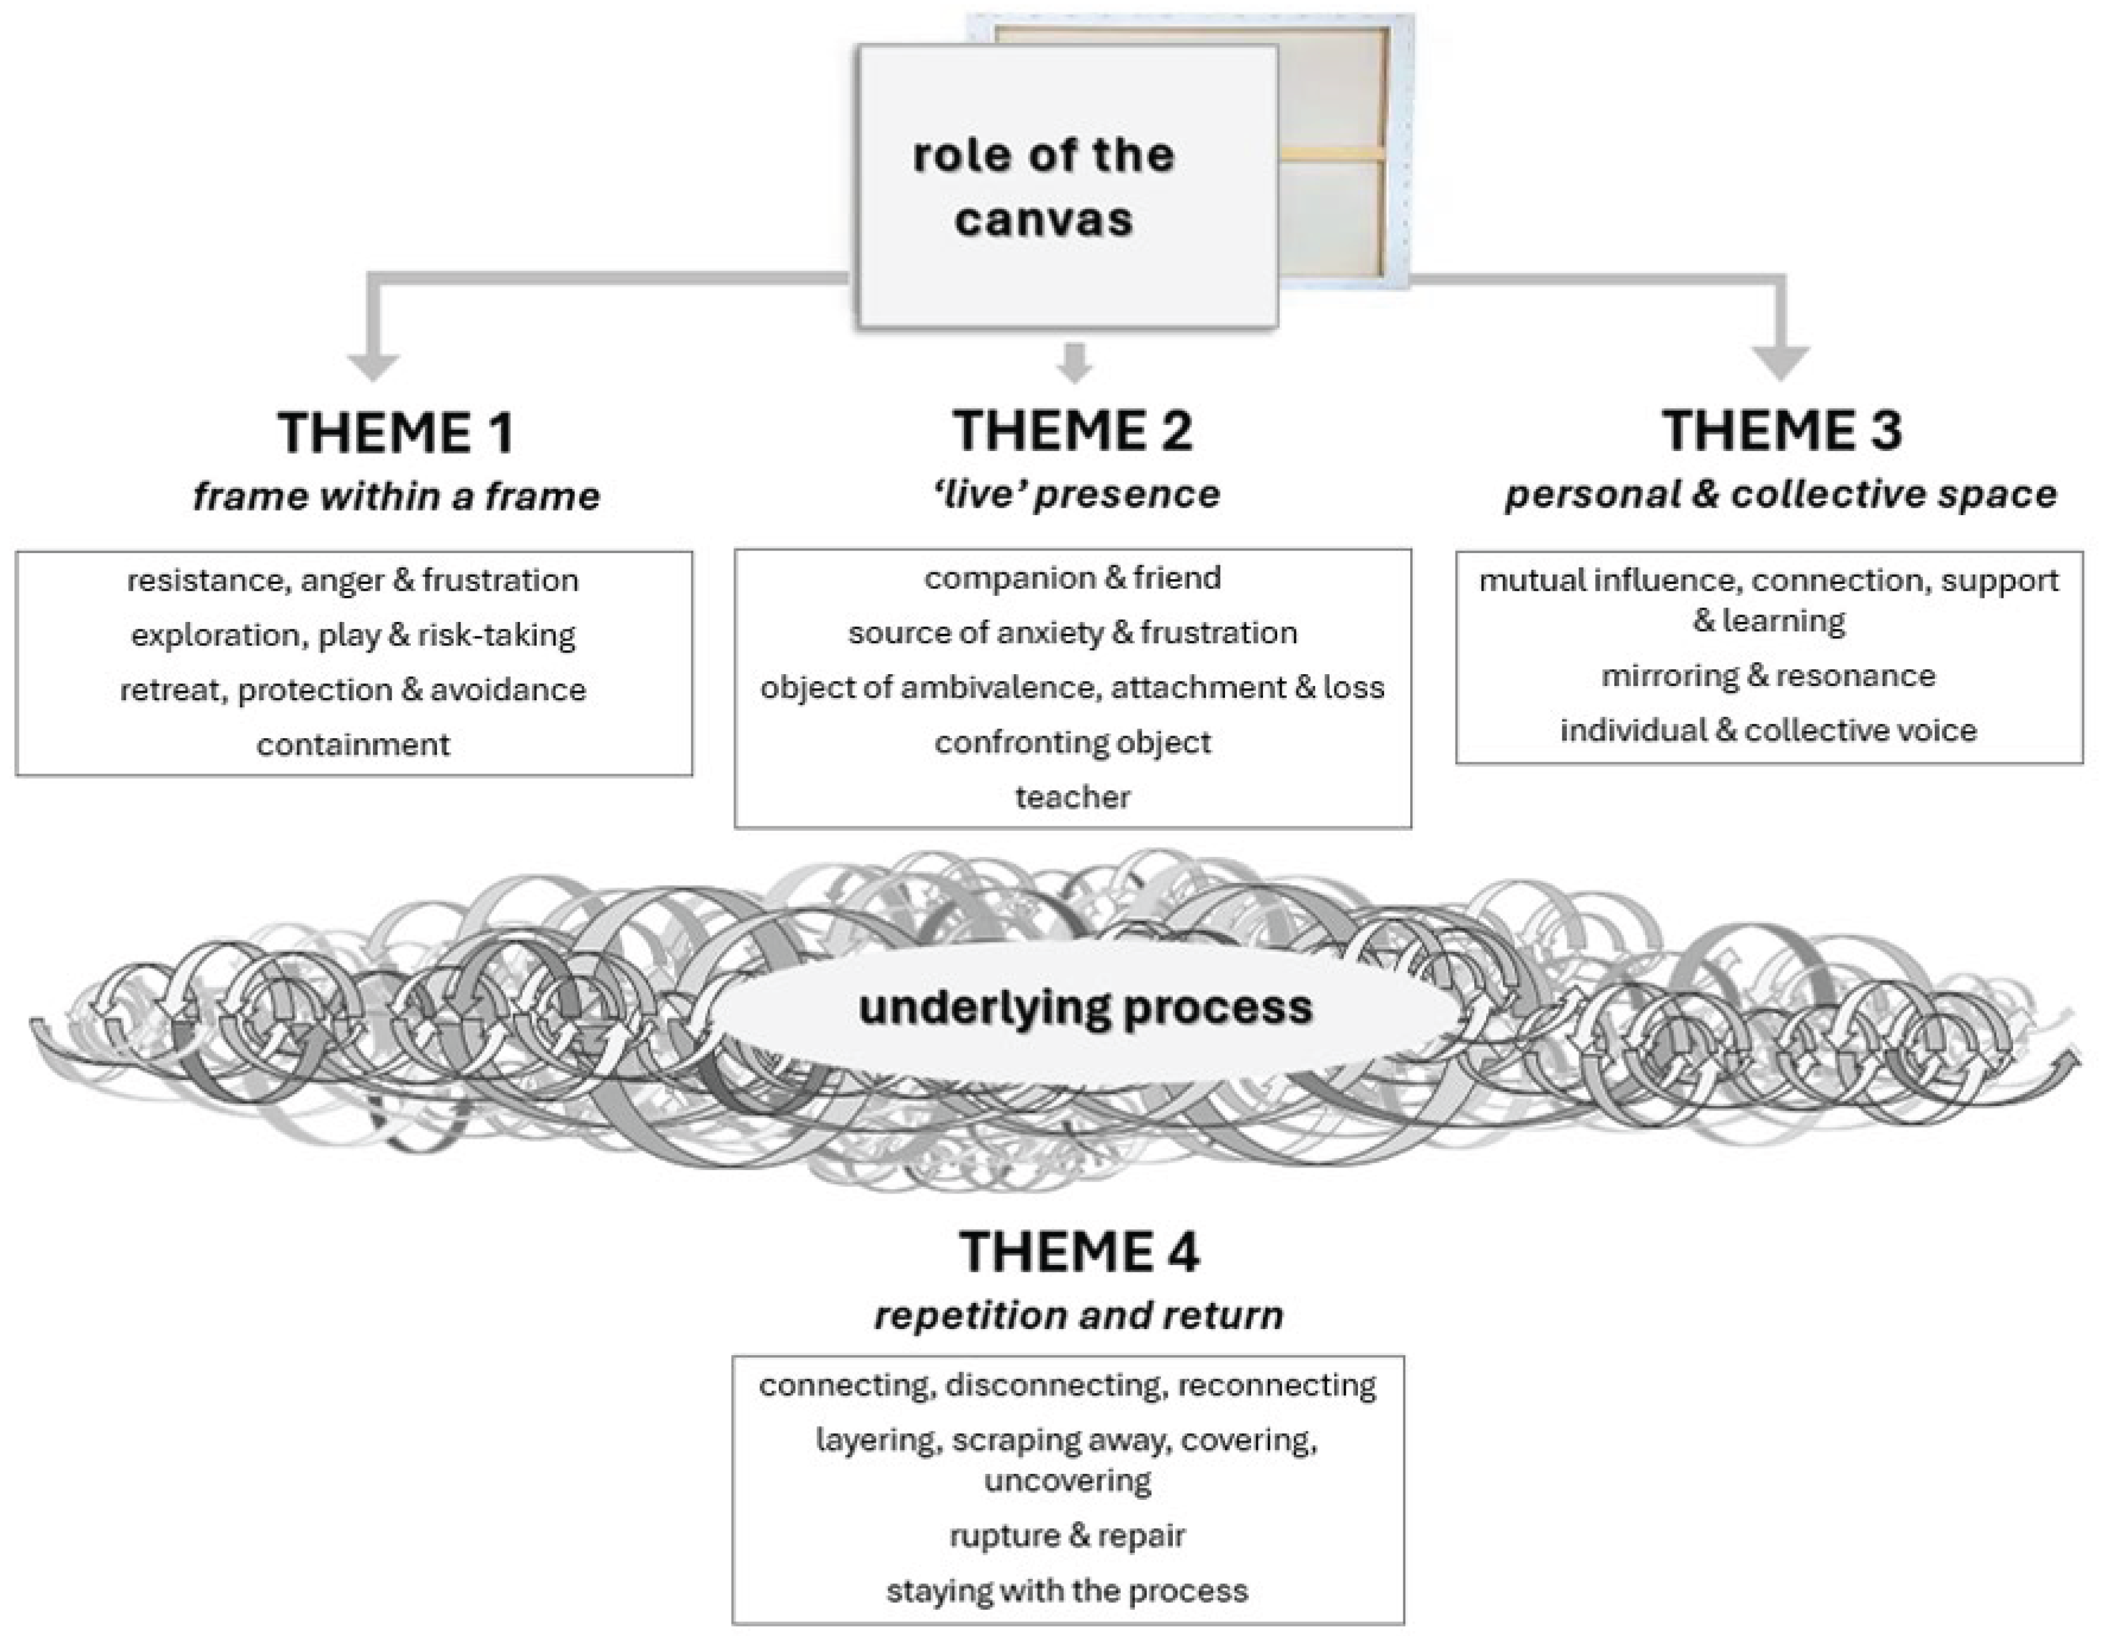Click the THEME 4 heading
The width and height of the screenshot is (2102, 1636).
click(1079, 1252)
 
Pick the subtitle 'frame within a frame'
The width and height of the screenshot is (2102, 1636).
click(395, 496)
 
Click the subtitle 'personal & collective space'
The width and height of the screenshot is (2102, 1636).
click(1781, 494)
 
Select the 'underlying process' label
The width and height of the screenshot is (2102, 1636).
click(1086, 1008)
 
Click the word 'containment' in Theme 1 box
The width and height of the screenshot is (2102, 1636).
click(353, 744)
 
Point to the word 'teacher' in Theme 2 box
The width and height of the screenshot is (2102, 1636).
click(1072, 797)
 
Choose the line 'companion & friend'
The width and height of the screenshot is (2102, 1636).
click(1072, 577)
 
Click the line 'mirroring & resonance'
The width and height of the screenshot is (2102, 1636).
click(1768, 675)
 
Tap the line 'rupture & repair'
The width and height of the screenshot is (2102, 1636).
click(1067, 1535)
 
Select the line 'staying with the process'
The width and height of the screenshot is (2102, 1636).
click(1067, 1591)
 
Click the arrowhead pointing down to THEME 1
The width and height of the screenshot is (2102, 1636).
click(374, 366)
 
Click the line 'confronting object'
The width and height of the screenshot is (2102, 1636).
click(1072, 742)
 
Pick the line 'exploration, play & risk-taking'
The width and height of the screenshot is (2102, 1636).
click(353, 635)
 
